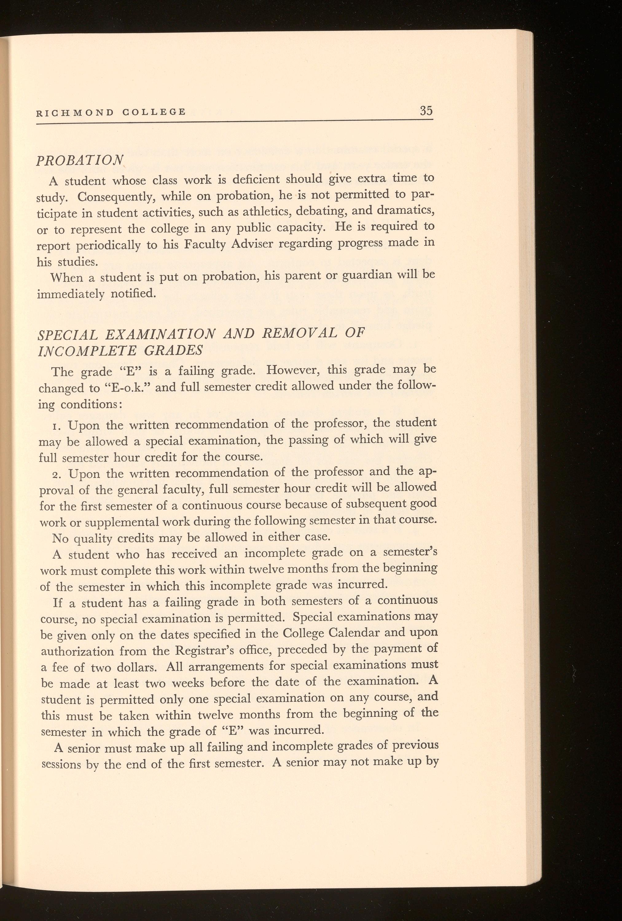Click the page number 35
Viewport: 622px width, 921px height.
(x=426, y=111)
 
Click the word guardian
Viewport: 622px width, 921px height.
(x=367, y=276)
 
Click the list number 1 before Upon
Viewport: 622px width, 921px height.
(x=56, y=427)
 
